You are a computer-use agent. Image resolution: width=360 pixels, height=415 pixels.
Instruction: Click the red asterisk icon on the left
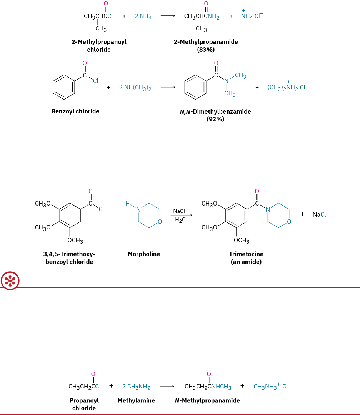(x=8, y=281)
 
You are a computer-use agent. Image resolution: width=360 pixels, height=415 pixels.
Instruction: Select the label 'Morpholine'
(x=143, y=254)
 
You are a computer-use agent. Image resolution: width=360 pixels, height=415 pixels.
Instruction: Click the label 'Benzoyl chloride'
(x=75, y=111)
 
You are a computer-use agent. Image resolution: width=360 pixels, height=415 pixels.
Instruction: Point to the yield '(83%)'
(x=206, y=50)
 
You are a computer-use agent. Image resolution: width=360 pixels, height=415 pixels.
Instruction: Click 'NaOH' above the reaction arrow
(x=180, y=211)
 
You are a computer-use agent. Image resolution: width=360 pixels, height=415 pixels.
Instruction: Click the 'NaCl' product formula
(x=319, y=215)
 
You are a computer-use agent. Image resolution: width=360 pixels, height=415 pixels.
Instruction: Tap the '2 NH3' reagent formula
(x=143, y=17)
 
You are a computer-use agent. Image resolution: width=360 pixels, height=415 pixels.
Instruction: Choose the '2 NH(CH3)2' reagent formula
(x=135, y=88)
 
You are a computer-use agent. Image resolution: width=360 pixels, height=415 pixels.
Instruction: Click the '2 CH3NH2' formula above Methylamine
(x=136, y=386)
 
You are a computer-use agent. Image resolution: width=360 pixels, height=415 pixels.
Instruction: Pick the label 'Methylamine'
(x=136, y=400)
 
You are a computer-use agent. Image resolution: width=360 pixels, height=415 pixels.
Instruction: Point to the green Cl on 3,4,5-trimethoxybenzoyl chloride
(x=102, y=209)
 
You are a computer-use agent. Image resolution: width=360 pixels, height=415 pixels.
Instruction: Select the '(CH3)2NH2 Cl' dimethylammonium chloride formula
(x=288, y=88)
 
